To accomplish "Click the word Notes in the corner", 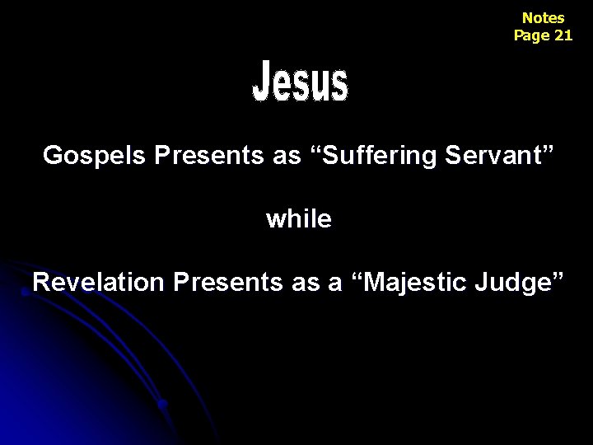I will pos(543,17).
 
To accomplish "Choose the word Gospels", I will pos(94,156).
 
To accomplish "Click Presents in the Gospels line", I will pos(208,155).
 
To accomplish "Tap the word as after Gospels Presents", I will pos(287,155).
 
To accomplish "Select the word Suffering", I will pos(383,156).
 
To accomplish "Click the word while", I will pos(299,219).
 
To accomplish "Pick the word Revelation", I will pos(99,283).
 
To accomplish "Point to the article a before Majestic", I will pos(335,283).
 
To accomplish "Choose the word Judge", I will pos(516,283).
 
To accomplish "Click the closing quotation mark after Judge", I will pos(559,275).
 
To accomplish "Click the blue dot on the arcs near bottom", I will pos(164,405).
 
